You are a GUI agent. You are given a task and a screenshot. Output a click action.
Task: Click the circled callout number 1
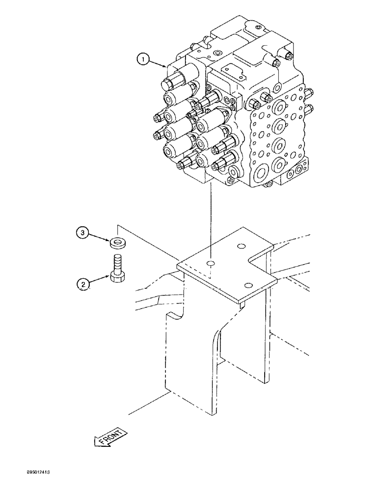tap(142, 60)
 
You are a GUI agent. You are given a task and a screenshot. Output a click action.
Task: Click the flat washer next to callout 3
tap(116, 242)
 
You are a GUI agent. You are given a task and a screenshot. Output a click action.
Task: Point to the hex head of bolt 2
tap(116, 277)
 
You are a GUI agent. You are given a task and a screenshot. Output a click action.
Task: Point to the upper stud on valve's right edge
tap(309, 92)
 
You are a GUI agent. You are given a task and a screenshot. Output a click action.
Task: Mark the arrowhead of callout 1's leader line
tap(167, 65)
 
